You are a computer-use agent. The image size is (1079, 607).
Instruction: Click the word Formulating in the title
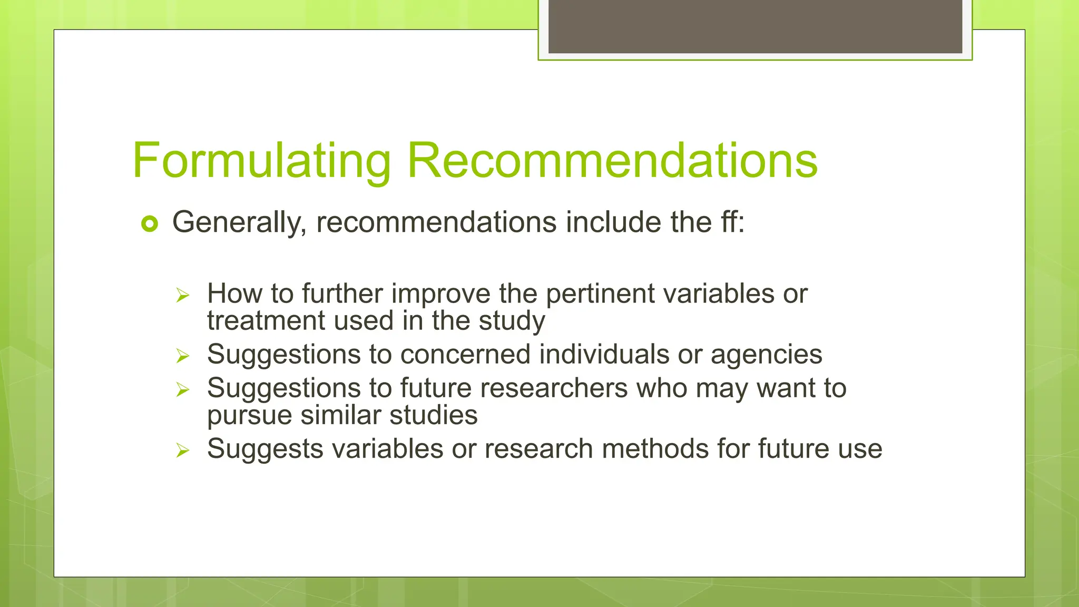(x=262, y=161)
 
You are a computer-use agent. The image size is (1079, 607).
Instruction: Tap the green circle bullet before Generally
(x=150, y=224)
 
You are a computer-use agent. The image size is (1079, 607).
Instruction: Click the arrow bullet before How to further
(x=182, y=295)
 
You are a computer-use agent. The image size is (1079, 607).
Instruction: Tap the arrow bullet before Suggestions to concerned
(x=182, y=356)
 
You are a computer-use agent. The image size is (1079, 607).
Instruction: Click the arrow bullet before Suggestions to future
(x=182, y=390)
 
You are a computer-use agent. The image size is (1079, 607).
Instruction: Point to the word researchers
(x=554, y=388)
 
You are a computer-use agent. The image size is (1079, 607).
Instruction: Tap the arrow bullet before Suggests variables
(x=182, y=451)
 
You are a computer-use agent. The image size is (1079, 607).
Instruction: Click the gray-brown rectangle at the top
(x=755, y=26)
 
